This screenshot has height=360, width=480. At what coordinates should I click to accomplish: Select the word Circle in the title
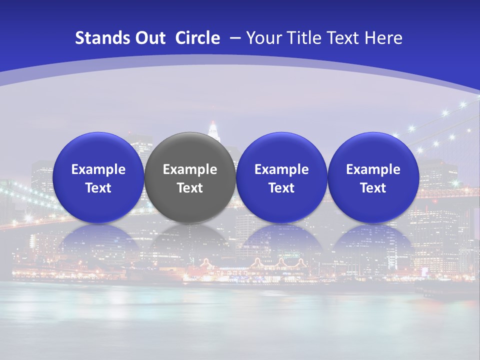coord(197,38)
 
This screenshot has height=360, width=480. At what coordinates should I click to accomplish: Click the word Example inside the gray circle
coord(190,169)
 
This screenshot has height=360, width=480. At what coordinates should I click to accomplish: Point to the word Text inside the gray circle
coord(190,188)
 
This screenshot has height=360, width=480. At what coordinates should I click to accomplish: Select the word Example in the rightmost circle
coord(373,169)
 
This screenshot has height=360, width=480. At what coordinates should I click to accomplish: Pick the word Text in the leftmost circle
coord(98,188)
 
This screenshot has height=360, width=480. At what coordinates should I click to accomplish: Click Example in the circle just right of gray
coord(281,169)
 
